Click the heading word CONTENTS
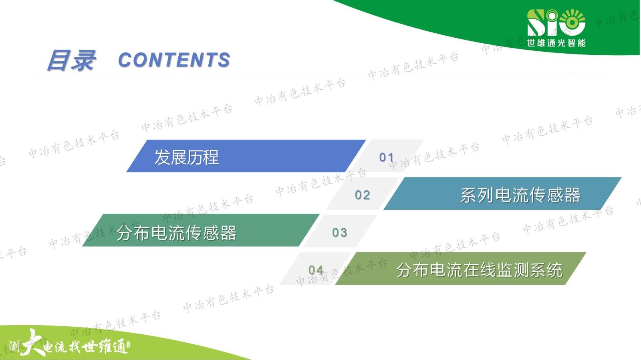[x=174, y=60]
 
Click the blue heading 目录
[x=71, y=60]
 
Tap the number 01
[x=387, y=157]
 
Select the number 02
[x=362, y=195]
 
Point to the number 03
[x=340, y=233]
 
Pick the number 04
[x=316, y=270]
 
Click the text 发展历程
[x=187, y=157]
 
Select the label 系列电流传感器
[x=520, y=195]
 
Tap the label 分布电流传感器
[x=177, y=233]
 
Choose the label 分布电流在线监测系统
[x=480, y=270]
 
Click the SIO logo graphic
[x=556, y=22]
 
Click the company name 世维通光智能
[x=556, y=43]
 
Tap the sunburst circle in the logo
[x=572, y=22]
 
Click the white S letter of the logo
[x=535, y=22]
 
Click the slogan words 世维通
[x=105, y=346]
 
